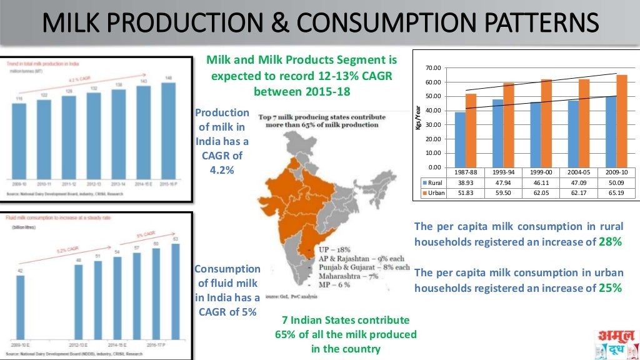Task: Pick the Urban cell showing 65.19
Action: coord(616,193)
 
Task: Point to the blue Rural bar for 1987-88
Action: coord(460,139)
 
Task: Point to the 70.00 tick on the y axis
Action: coord(433,67)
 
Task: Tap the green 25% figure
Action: coord(610,288)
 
